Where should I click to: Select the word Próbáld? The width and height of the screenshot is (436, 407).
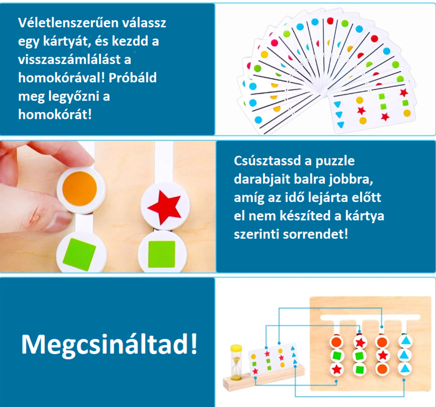pos(133,78)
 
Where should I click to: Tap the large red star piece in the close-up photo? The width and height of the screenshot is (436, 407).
pos(165,207)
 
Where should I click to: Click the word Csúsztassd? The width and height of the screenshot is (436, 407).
pos(267,161)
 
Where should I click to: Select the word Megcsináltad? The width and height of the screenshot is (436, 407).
pos(109,345)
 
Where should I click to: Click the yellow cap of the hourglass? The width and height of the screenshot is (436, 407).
pos(236,348)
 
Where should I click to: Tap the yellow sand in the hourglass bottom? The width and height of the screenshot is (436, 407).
pos(236,377)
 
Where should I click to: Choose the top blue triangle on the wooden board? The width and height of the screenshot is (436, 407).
pos(405,341)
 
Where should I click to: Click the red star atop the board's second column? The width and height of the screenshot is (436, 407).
pos(360,342)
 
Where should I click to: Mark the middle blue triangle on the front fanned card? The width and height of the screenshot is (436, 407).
pos(339,114)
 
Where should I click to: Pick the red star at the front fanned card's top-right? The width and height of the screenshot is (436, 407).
pos(403,93)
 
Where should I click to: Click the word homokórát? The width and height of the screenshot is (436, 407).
pos(55,115)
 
